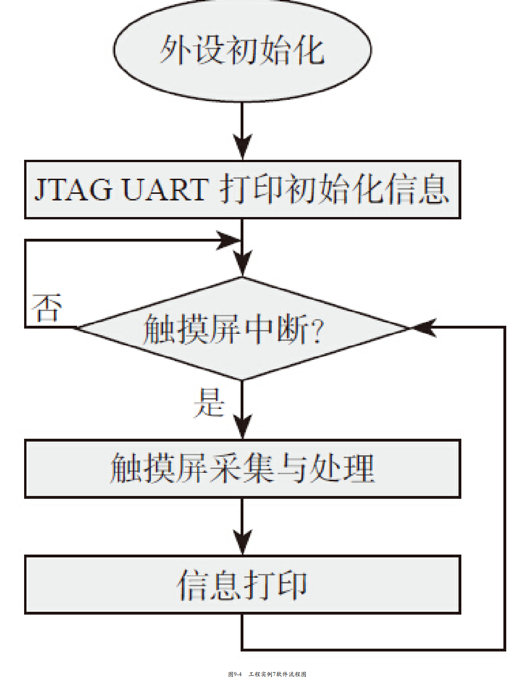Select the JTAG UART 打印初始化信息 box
click(x=242, y=190)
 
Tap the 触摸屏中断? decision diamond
click(x=242, y=328)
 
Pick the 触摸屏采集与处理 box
click(x=242, y=469)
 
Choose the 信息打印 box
click(x=242, y=585)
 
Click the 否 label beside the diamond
click(x=46, y=308)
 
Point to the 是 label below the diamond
click(x=208, y=402)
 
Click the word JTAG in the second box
click(x=73, y=190)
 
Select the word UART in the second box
click(x=165, y=190)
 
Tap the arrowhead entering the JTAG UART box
click(x=242, y=147)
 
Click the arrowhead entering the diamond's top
click(x=242, y=265)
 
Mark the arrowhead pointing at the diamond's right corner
click(x=423, y=327)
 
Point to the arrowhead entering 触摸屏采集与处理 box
click(x=242, y=427)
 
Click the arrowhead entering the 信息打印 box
click(x=242, y=543)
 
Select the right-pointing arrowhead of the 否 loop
click(x=229, y=240)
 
